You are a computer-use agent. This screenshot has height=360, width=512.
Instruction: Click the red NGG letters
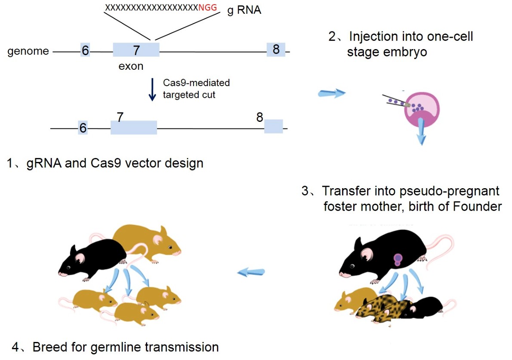207,7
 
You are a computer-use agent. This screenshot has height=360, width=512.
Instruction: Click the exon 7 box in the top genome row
136,50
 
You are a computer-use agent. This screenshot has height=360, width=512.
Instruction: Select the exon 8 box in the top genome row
276,50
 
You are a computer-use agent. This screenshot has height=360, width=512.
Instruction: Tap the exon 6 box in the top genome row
85,50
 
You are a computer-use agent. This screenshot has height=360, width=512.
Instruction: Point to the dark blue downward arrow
152,89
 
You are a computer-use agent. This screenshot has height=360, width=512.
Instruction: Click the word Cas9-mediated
196,83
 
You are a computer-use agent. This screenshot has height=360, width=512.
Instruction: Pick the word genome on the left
28,51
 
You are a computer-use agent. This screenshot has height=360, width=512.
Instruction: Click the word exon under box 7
131,66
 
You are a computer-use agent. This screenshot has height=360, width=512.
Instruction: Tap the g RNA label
244,10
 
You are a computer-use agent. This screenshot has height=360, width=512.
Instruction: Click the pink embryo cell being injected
422,109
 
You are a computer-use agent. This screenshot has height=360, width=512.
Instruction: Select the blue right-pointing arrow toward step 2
332,93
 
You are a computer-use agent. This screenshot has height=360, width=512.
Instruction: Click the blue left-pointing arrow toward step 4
251,272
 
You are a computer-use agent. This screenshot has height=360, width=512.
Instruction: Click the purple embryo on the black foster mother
398,260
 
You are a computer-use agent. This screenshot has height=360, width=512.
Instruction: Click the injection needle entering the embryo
396,101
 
